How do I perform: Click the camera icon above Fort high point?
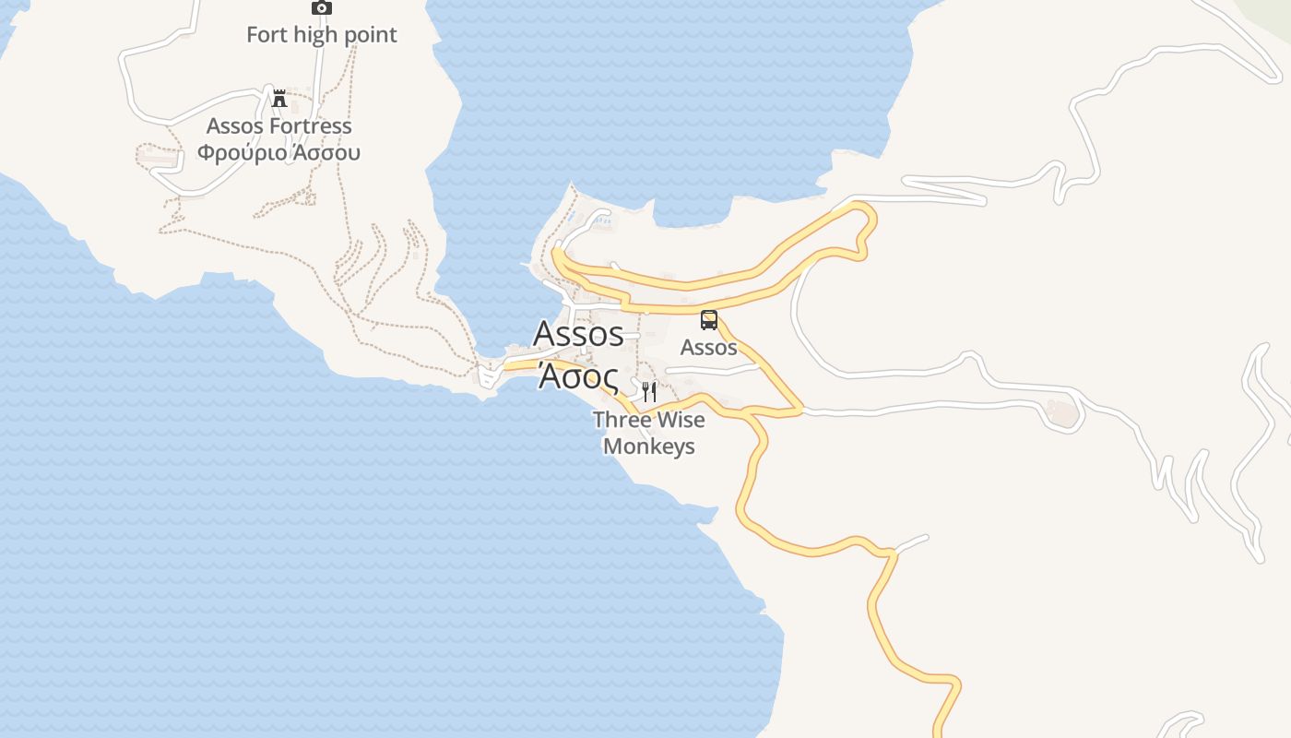point(321,7)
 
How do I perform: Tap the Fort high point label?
point(321,35)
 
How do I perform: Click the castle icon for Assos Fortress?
point(279,98)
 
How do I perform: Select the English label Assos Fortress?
point(278,125)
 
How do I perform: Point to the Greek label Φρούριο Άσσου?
point(278,152)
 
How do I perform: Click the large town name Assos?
point(578,333)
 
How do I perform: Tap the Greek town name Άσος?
point(578,376)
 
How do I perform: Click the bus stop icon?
point(708,320)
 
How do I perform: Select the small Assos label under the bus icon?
point(708,348)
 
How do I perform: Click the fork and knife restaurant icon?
point(649,392)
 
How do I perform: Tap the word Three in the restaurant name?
point(621,420)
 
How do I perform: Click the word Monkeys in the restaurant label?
point(648,446)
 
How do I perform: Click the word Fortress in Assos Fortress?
point(311,125)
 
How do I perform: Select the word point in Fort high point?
point(369,35)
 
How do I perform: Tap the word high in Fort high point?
point(314,35)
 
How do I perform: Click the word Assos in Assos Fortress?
point(234,125)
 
